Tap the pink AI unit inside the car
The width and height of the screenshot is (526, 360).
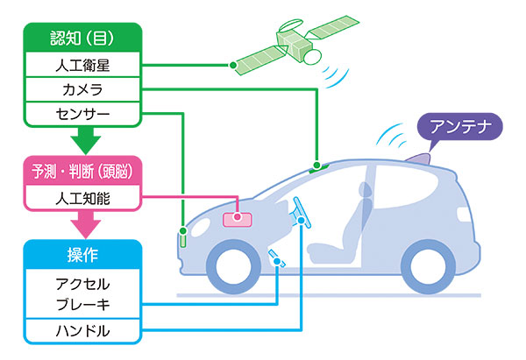pos(238,219)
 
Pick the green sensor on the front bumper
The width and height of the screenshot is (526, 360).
pos(183,236)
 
